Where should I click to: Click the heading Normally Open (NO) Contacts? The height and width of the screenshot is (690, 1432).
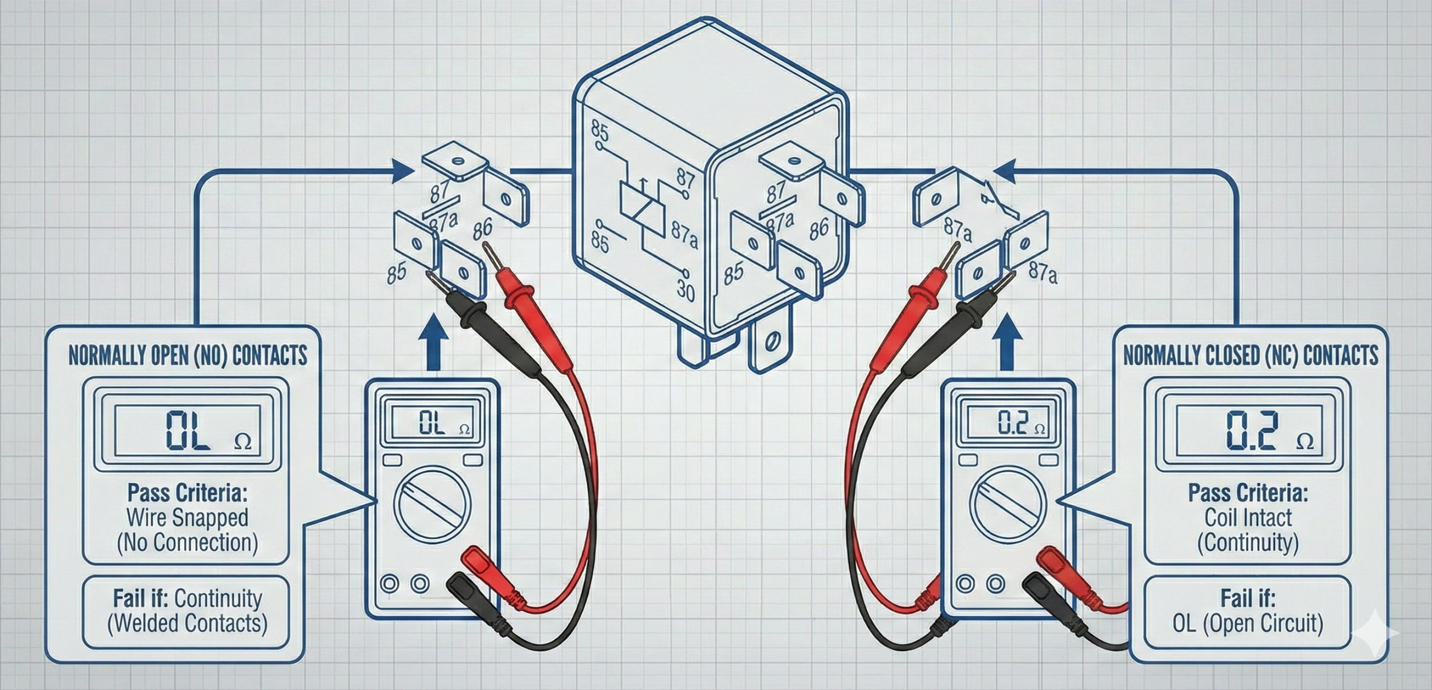188,355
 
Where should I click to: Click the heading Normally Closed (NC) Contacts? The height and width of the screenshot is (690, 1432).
1250,355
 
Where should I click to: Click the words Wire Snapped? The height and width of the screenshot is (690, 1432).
187,518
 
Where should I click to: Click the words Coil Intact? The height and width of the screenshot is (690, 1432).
1248,518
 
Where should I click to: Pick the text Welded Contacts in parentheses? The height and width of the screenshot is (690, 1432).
187,623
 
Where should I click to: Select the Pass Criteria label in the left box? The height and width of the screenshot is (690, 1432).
187,494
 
